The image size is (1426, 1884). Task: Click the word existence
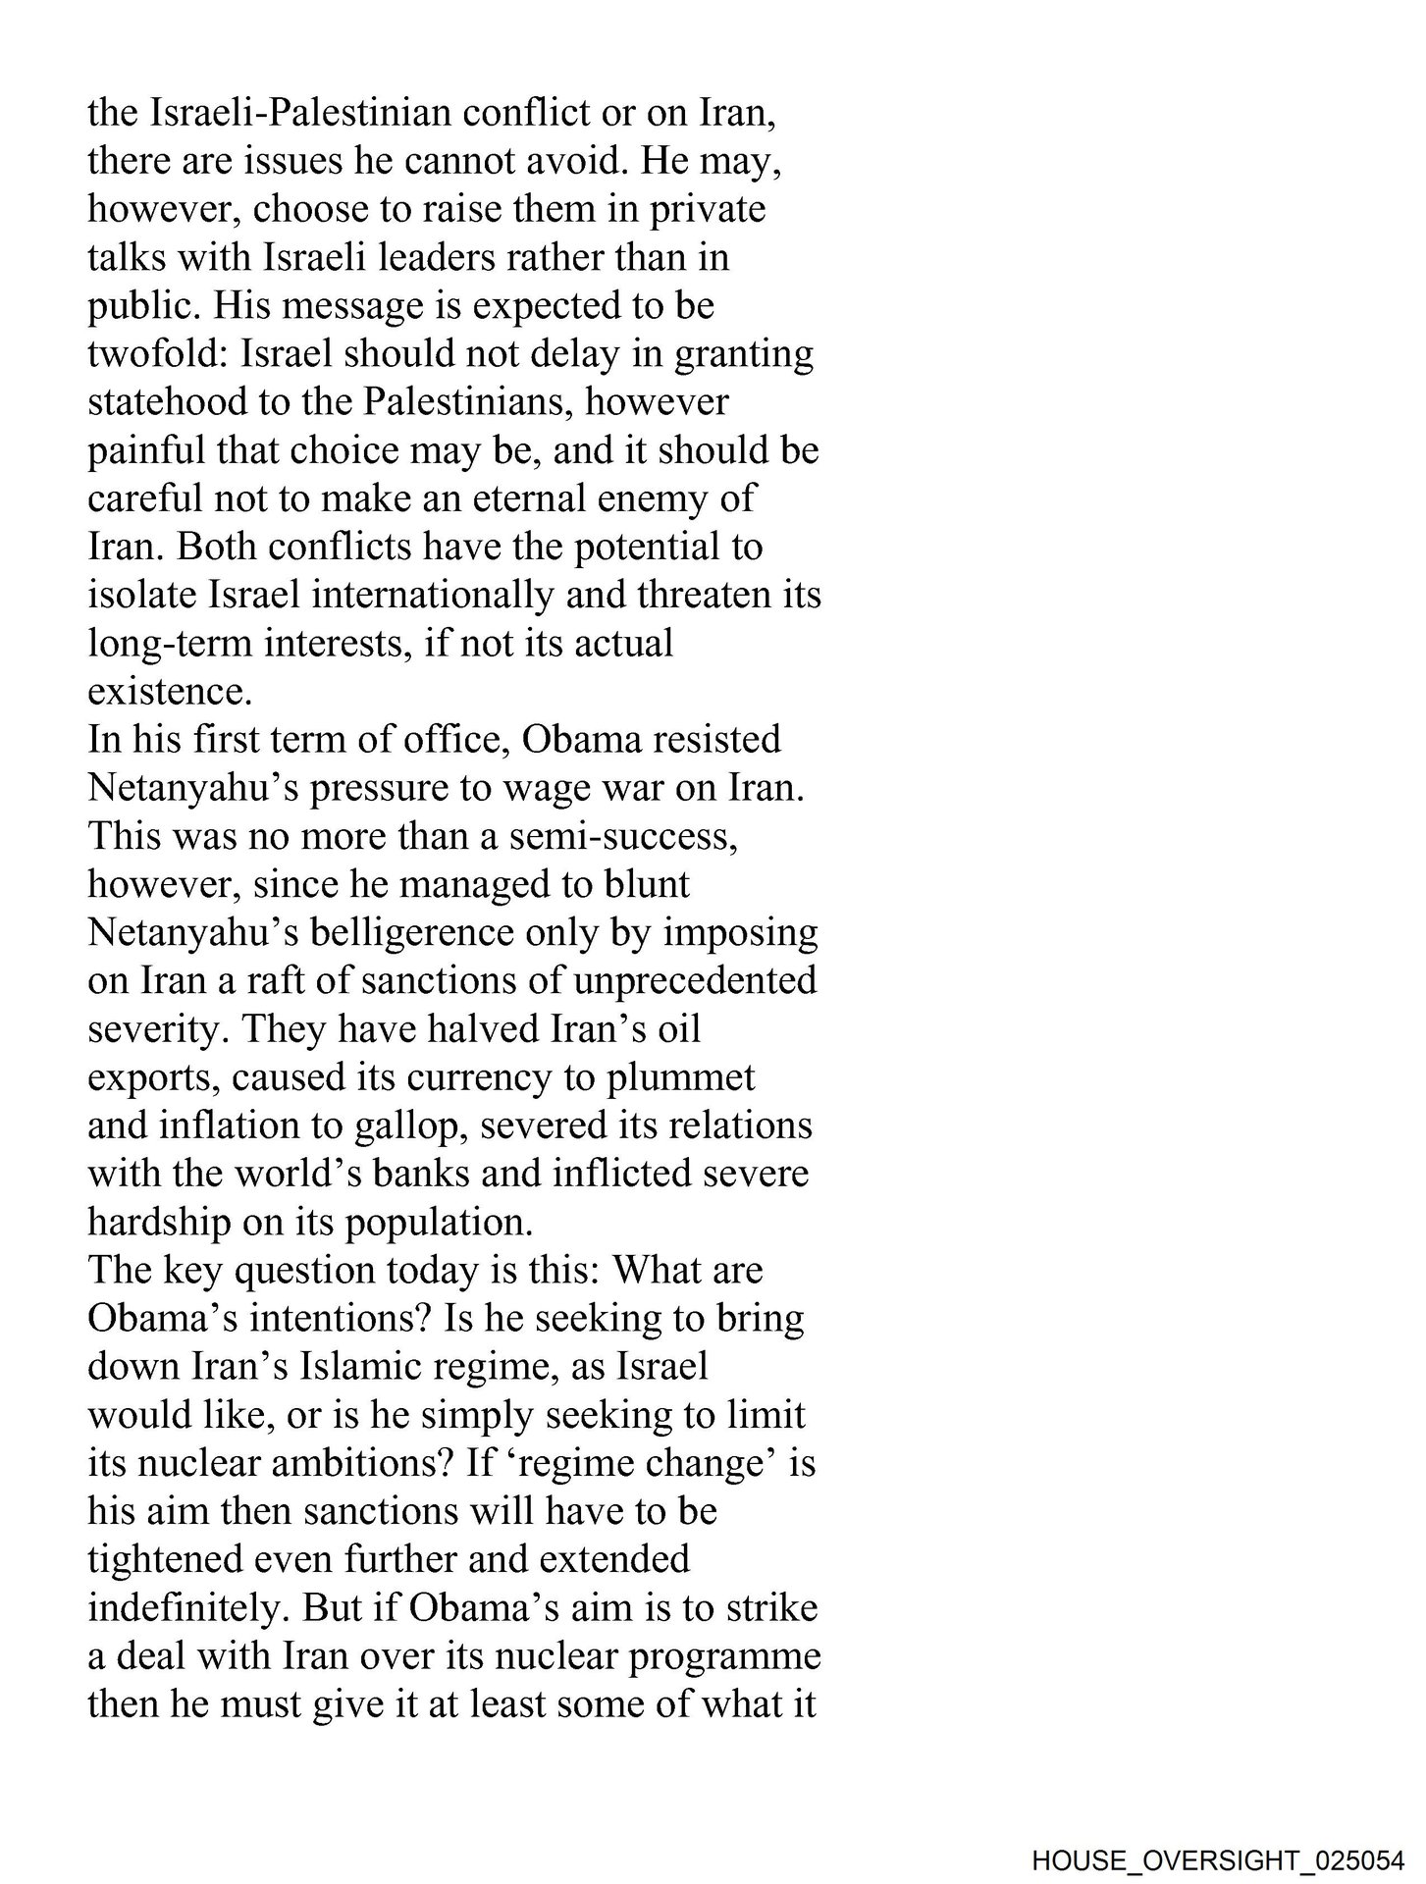tap(169, 692)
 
